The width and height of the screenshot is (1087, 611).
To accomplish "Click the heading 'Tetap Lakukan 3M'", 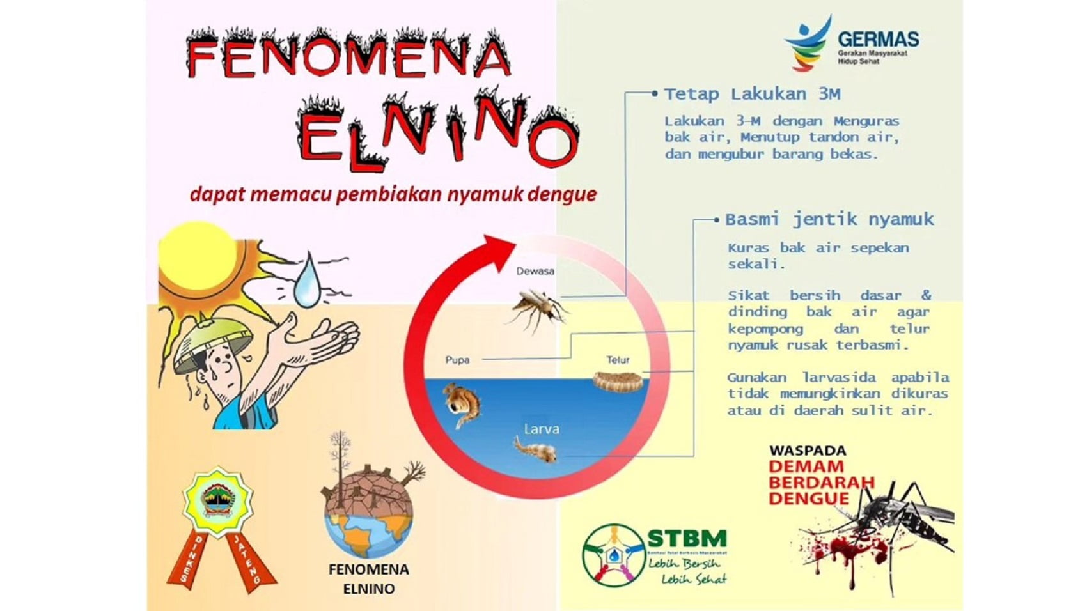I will [x=752, y=95].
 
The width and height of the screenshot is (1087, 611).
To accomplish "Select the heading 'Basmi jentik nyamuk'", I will [x=829, y=220].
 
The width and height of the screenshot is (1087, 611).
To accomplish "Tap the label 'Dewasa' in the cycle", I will [x=535, y=271].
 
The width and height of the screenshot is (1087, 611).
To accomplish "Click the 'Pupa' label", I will [x=457, y=360].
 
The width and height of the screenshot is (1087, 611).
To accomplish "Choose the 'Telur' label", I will [x=618, y=360].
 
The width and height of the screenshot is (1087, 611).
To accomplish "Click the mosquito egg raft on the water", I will [x=617, y=382].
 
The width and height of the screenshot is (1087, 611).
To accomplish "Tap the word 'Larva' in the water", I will [x=542, y=429].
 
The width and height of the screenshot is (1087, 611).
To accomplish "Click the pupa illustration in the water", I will [x=462, y=405].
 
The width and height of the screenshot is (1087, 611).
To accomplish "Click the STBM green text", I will [x=686, y=539].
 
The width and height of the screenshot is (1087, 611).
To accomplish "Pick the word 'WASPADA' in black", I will [x=807, y=451].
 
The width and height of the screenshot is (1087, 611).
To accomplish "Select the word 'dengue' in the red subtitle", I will [x=562, y=194].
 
